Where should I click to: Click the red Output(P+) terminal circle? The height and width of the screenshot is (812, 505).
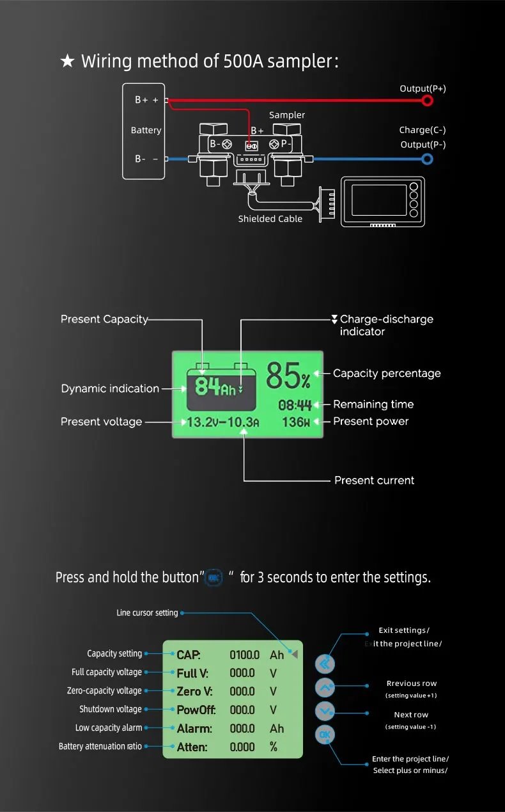pyautogui.click(x=427, y=100)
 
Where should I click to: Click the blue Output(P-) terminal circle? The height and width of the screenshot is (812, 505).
pyautogui.click(x=427, y=159)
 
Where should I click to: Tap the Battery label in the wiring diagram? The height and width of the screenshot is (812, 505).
pyautogui.click(x=146, y=130)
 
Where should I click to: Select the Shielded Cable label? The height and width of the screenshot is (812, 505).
pyautogui.click(x=270, y=219)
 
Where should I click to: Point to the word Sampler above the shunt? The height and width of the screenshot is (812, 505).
pyautogui.click(x=287, y=115)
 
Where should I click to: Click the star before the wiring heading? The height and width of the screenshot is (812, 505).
pyautogui.click(x=67, y=61)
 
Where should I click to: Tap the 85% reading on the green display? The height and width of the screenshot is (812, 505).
pyautogui.click(x=288, y=376)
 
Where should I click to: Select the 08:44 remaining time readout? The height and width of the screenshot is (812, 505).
pyautogui.click(x=295, y=405)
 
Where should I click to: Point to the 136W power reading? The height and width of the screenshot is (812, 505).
pyautogui.click(x=296, y=422)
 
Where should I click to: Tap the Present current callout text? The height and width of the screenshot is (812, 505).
pyautogui.click(x=374, y=480)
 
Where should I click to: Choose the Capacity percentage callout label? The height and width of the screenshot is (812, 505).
pyautogui.click(x=387, y=373)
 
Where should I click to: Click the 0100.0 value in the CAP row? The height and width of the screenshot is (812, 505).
pyautogui.click(x=244, y=655)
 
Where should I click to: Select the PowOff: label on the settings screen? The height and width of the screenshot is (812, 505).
pyautogui.click(x=196, y=710)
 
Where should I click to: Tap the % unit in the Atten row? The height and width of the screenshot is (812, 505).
pyautogui.click(x=274, y=747)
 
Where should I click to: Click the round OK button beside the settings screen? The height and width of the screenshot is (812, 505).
pyautogui.click(x=325, y=735)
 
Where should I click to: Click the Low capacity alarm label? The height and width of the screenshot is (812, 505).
pyautogui.click(x=109, y=728)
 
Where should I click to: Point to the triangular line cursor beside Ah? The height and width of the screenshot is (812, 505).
pyautogui.click(x=293, y=654)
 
